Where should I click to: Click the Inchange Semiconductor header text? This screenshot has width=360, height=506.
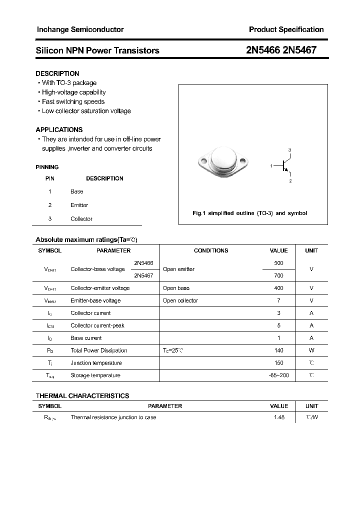pyautogui.click(x=80, y=29)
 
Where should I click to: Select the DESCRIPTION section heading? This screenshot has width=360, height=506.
pyautogui.click(x=57, y=73)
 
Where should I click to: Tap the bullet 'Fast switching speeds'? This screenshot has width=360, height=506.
pyautogui.click(x=73, y=101)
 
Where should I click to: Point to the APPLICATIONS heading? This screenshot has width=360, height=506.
pyautogui.click(x=59, y=129)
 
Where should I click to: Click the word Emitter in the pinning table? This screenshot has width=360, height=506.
pyautogui.click(x=79, y=205)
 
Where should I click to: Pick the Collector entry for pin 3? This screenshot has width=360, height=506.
pyautogui.click(x=81, y=219)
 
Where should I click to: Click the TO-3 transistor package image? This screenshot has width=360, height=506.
pyautogui.click(x=222, y=161)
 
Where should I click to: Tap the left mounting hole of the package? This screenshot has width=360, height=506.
pyautogui.click(x=202, y=161)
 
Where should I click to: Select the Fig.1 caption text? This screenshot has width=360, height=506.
pyautogui.click(x=249, y=213)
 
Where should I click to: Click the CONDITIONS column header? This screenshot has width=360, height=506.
pyautogui.click(x=210, y=250)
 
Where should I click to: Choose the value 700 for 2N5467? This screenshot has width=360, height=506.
pyautogui.click(x=278, y=275)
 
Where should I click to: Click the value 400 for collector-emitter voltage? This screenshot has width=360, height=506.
pyautogui.click(x=278, y=288)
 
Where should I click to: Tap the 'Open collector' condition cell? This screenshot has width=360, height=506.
pyautogui.click(x=180, y=300)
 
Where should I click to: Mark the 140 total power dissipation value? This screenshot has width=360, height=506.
pyautogui.click(x=278, y=350)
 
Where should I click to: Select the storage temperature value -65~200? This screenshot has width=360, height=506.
pyautogui.click(x=278, y=375)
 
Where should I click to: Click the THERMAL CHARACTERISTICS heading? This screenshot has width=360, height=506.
pyautogui.click(x=82, y=395)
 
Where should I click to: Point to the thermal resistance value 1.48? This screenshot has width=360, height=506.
pyautogui.click(x=278, y=417)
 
